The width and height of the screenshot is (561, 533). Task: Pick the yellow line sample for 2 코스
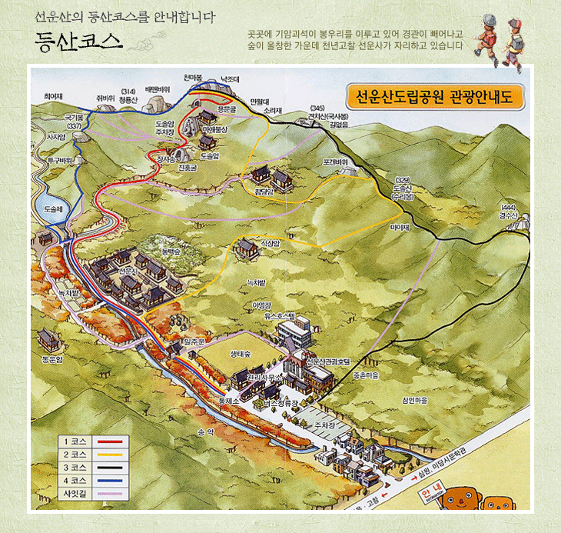pyautogui.click(x=111, y=454)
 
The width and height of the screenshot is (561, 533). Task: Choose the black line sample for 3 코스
pyautogui.click(x=111, y=466)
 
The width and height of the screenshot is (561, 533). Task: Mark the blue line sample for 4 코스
pyautogui.click(x=111, y=479)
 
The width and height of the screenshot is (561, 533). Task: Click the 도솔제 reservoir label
pyautogui.click(x=52, y=208)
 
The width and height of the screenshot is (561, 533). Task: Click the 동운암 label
pyautogui.click(x=51, y=358)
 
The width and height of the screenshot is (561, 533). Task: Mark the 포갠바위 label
pyautogui.click(x=336, y=162)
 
